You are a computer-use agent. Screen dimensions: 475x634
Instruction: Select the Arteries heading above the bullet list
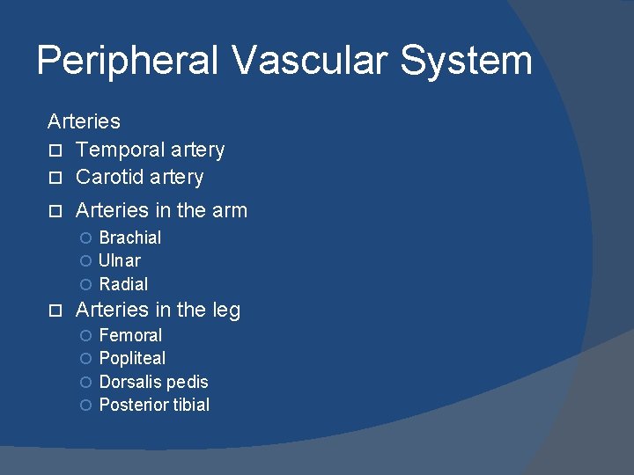84,121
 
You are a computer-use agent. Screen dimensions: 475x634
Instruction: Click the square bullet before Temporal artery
54,151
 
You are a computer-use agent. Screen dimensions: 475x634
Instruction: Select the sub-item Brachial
130,237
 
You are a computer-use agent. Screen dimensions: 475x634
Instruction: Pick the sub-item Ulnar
120,261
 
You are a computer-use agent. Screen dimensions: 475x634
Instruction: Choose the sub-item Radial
123,284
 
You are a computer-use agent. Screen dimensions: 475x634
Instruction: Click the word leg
225,311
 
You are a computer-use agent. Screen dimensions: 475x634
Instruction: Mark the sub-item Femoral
130,335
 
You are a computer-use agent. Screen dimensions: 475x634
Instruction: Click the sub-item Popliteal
132,359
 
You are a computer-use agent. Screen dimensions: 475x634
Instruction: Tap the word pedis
187,382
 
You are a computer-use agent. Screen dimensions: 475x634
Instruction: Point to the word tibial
190,405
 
